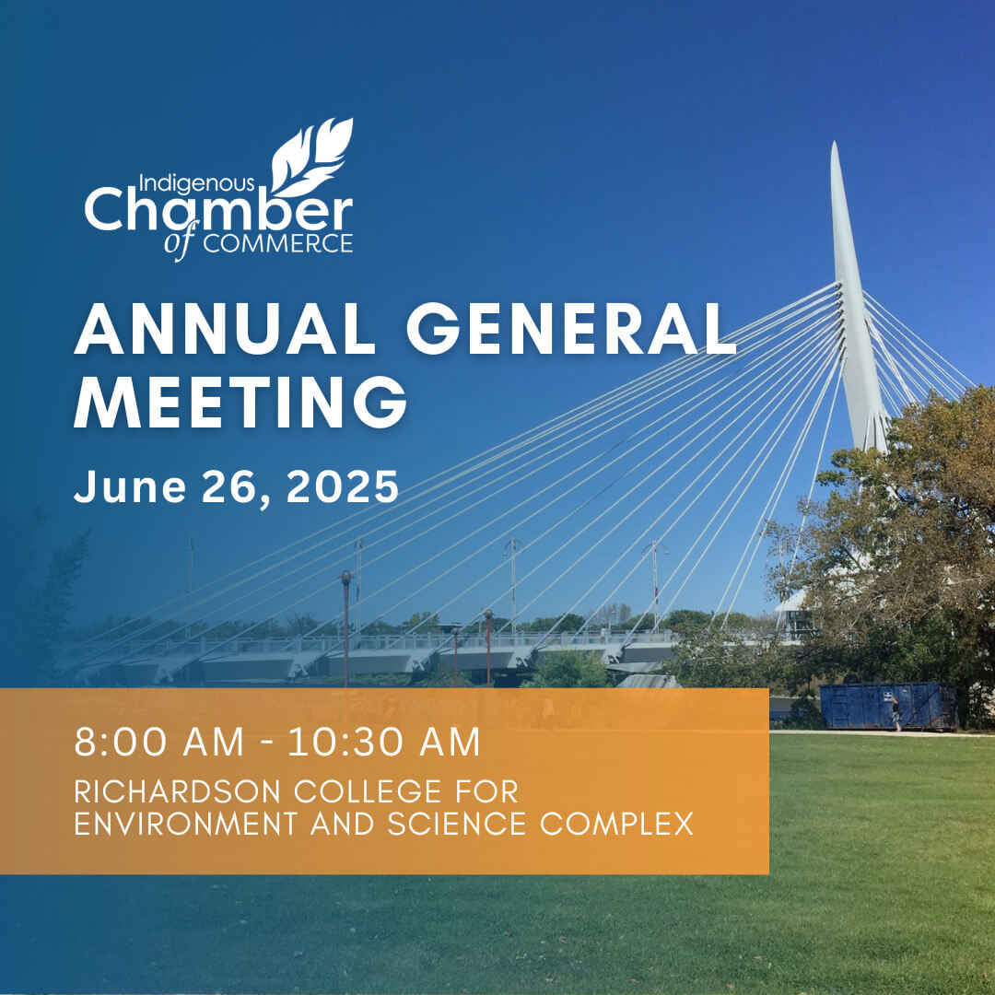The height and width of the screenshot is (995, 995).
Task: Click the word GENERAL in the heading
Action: tap(571, 329)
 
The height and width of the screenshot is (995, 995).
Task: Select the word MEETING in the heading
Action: tap(240, 402)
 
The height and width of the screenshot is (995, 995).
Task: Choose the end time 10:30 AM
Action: tap(384, 743)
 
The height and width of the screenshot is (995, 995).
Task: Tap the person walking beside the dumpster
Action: tap(896, 713)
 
